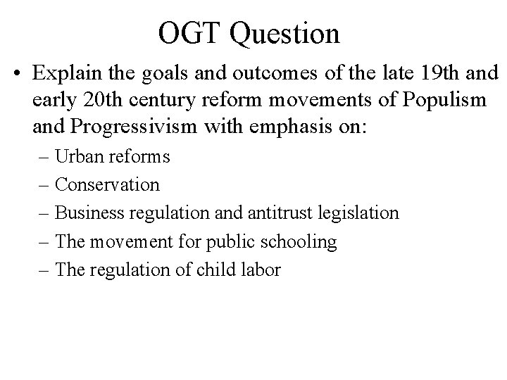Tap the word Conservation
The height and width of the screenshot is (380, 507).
[x=107, y=185]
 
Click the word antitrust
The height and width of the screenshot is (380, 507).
[x=280, y=213]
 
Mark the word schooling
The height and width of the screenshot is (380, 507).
[x=296, y=242]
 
